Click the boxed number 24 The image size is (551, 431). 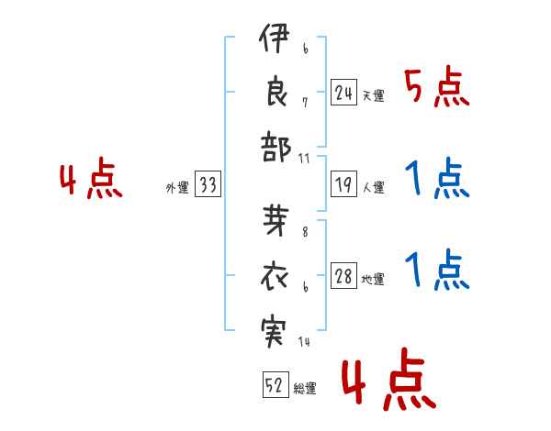(x=344, y=93)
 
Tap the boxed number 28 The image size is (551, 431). (x=344, y=277)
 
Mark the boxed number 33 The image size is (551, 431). (x=208, y=185)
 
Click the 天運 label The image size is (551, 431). (x=373, y=95)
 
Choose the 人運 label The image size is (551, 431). (x=373, y=188)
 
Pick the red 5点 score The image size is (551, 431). (x=436, y=89)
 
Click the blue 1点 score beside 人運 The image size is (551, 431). (x=436, y=181)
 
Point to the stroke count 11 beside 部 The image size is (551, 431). (x=305, y=159)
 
